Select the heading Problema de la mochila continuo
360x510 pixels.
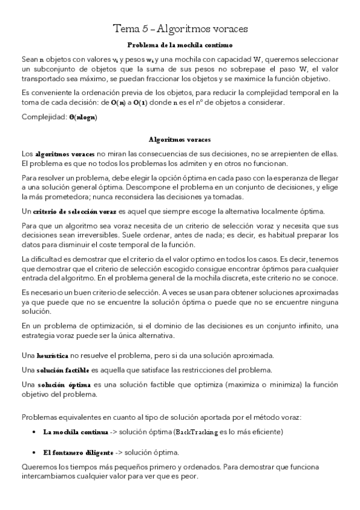coord(180,45)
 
